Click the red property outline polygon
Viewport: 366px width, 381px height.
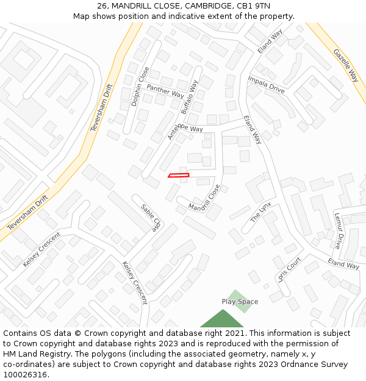coord(179,176)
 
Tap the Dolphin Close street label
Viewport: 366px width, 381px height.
coord(140,87)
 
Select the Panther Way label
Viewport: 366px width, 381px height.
coord(165,91)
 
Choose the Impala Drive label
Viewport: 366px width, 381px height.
coord(266,84)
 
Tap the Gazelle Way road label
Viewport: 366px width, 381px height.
coord(346,66)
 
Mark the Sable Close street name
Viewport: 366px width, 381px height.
coord(150,218)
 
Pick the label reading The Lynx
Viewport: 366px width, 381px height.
coord(260,212)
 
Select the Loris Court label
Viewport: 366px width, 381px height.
coord(289,269)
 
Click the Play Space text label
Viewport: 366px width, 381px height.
coord(240,302)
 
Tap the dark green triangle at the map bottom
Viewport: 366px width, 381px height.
coord(222,320)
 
